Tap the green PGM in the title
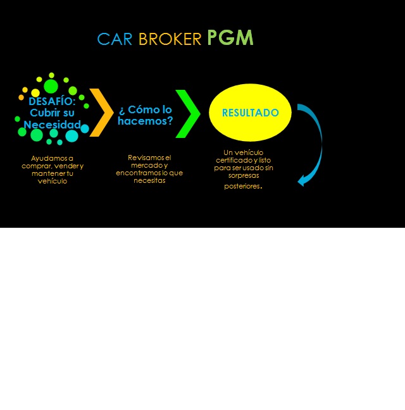(x=230, y=38)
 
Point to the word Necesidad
(x=53, y=125)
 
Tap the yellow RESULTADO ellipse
(x=250, y=113)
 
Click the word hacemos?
(x=146, y=120)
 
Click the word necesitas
(x=149, y=180)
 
